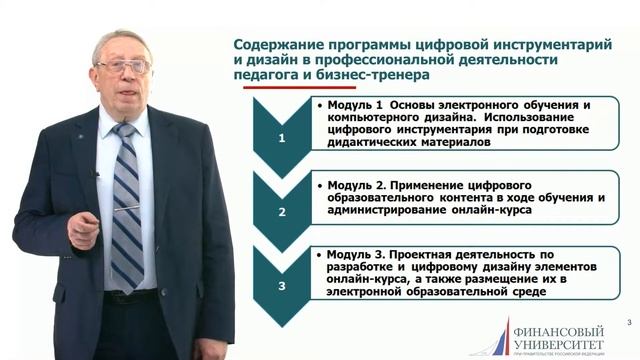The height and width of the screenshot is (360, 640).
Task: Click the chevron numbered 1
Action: pyautogui.click(x=280, y=138)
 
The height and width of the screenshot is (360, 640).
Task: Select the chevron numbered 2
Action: pyautogui.click(x=280, y=212)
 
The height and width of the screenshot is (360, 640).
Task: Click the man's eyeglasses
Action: pyautogui.click(x=123, y=66)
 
